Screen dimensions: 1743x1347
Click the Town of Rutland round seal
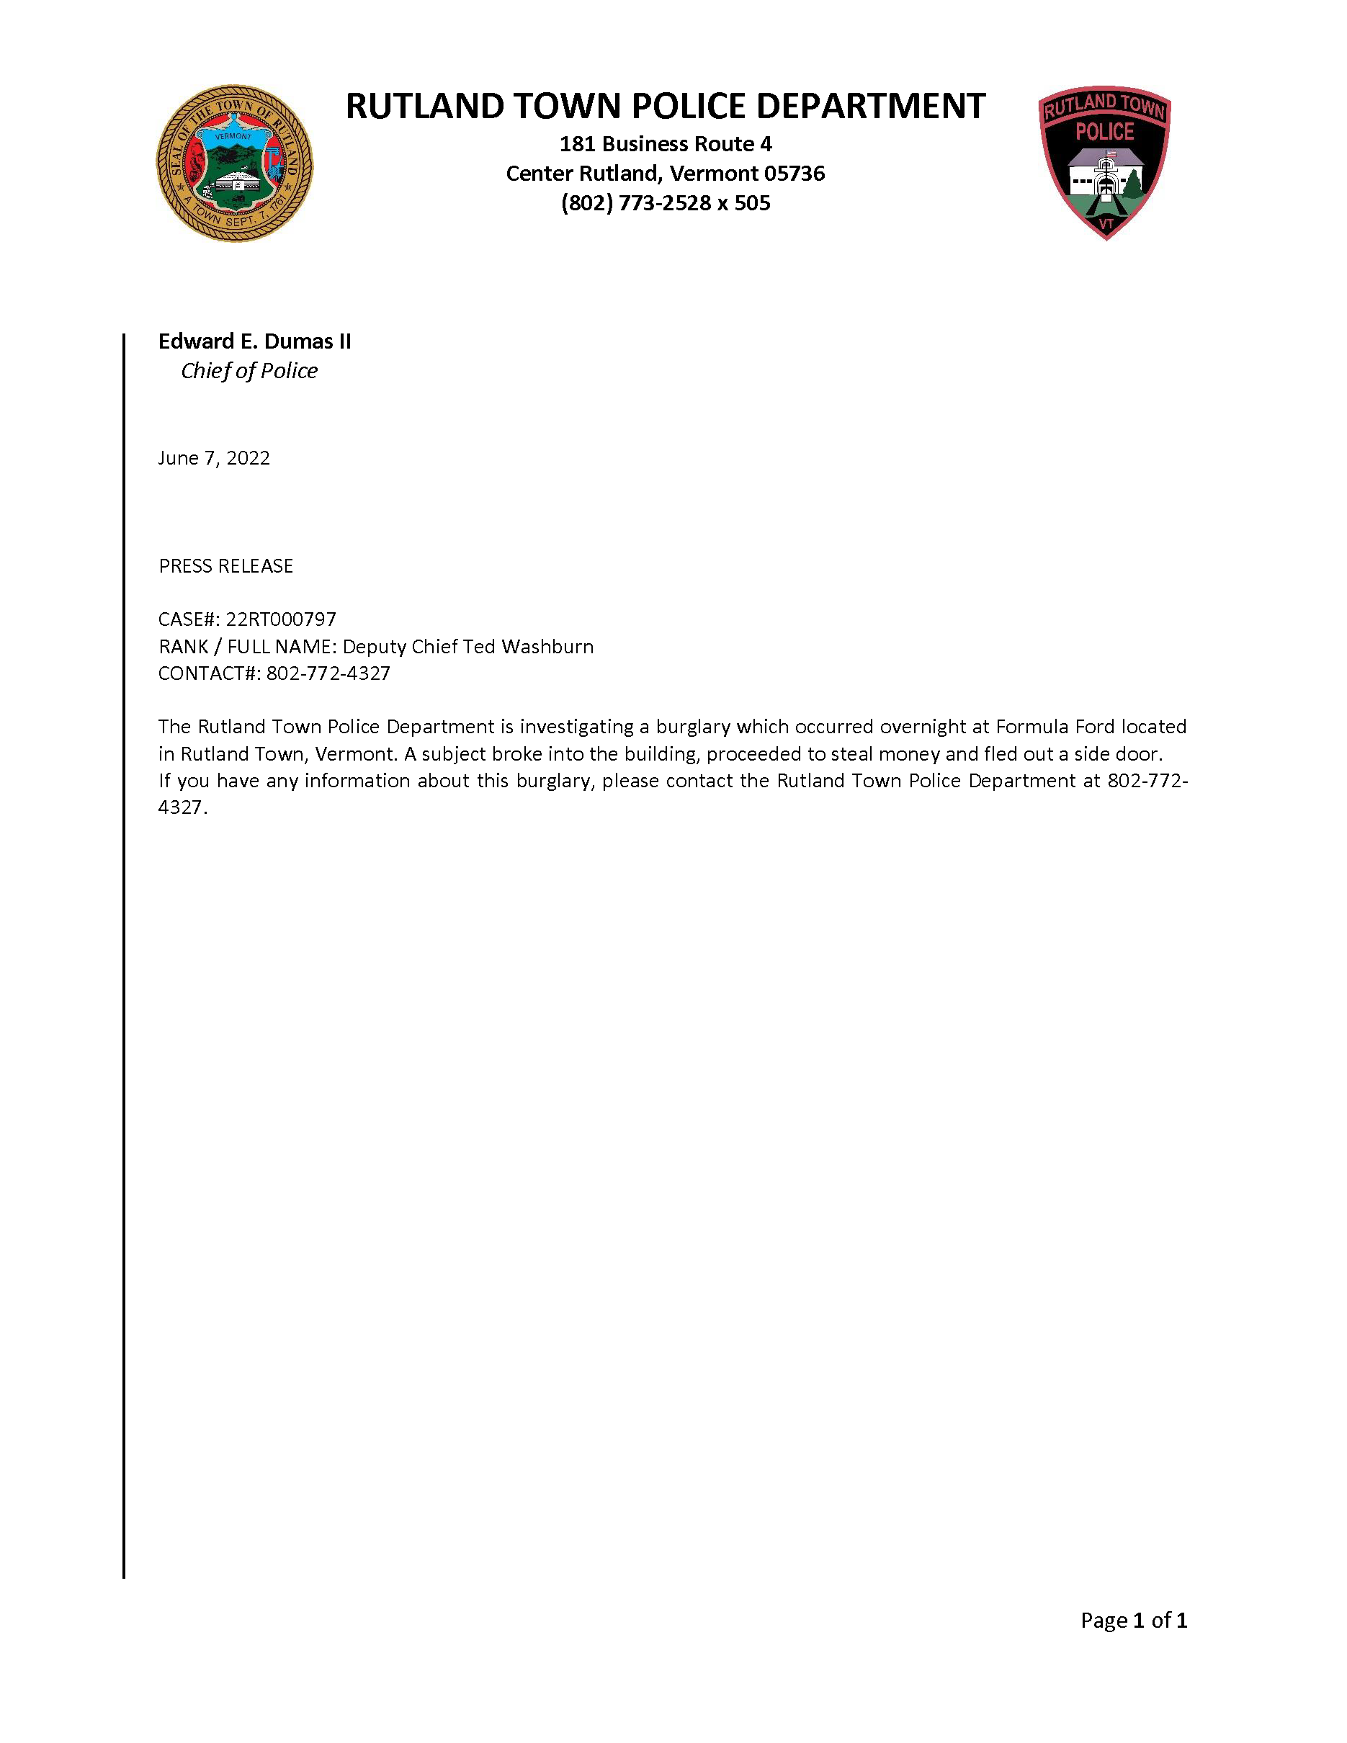tap(235, 163)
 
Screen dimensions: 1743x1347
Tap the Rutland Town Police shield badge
tap(1104, 163)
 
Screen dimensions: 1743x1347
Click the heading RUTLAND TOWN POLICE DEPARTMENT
tap(665, 106)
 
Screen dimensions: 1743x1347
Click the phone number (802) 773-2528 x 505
tap(665, 204)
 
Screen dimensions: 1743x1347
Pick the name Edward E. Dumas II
tap(254, 341)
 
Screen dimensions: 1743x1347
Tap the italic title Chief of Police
tap(249, 371)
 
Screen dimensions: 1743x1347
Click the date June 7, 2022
tap(214, 458)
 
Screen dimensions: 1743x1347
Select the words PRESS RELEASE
tap(226, 567)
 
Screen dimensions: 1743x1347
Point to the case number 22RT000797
tap(281, 619)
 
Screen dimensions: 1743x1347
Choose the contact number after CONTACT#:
tap(328, 673)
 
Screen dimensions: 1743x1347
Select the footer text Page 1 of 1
tap(1133, 1620)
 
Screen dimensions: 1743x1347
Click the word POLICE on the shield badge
tap(1104, 132)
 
